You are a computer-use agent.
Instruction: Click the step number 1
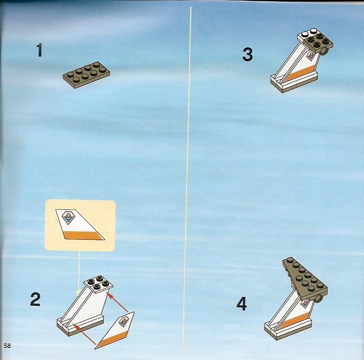pyautogui.click(x=39, y=51)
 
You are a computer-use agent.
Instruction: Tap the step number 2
pyautogui.click(x=35, y=299)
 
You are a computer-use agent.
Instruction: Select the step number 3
pyautogui.click(x=247, y=55)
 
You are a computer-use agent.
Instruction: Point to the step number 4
pyautogui.click(x=241, y=304)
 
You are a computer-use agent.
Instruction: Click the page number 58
pyautogui.click(x=7, y=346)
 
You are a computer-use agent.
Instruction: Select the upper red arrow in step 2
pyautogui.click(x=117, y=302)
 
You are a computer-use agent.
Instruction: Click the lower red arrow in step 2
pyautogui.click(x=84, y=333)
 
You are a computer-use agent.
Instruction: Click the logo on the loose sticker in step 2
pyautogui.click(x=124, y=321)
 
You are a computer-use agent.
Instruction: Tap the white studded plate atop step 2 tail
pyautogui.click(x=98, y=283)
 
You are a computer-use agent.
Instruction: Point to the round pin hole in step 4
pyautogui.click(x=319, y=297)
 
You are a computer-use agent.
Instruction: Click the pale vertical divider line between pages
pyautogui.click(x=188, y=179)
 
